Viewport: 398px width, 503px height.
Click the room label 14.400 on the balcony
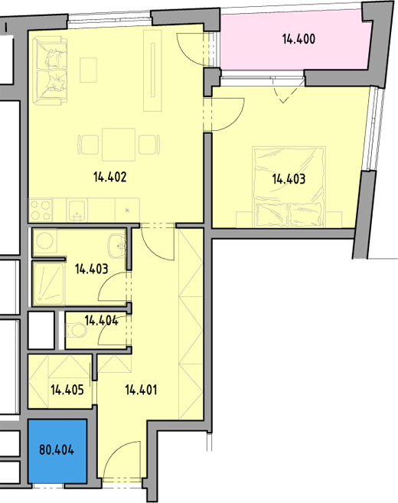pos(298,39)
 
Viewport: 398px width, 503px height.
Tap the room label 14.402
pos(110,177)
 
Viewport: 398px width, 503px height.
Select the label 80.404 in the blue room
pos(57,449)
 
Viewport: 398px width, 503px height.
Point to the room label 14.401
pos(141,390)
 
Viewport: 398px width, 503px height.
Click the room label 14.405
pos(67,390)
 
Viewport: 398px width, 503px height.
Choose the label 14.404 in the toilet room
pos(101,320)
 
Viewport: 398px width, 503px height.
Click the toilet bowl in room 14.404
pos(77,330)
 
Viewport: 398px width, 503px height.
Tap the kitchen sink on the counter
pos(77,210)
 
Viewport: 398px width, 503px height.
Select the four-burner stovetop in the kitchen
pos(41,210)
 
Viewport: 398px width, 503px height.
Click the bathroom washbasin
pos(117,247)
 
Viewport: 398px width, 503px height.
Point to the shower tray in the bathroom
pos(49,283)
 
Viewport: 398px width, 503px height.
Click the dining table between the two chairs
pos(119,145)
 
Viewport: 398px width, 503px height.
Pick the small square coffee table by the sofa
pos(88,70)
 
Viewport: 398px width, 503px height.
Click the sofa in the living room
pos(51,71)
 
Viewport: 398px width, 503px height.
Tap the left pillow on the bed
pos(272,214)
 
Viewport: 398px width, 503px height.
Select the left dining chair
pos(88,145)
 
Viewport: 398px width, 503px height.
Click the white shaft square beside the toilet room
pos(41,330)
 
